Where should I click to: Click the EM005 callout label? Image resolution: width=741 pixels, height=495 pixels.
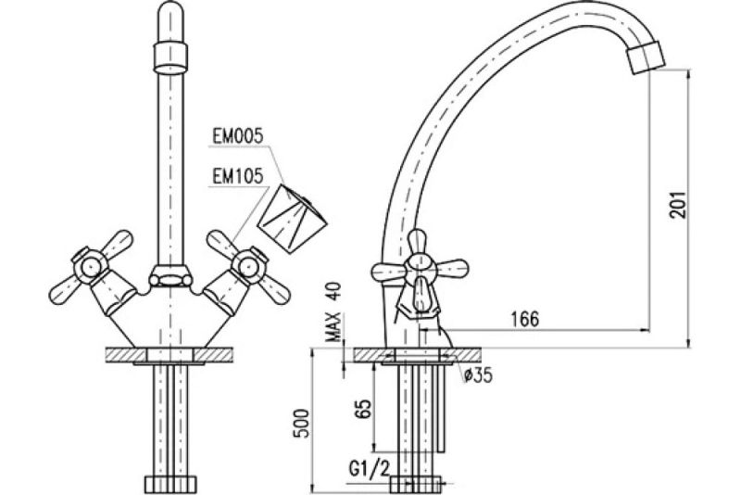pyautogui.click(x=237, y=136)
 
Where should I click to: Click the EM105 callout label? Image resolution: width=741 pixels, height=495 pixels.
pyautogui.click(x=237, y=177)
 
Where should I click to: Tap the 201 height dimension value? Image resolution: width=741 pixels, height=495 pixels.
pyautogui.click(x=678, y=205)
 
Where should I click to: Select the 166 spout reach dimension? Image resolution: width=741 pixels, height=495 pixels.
pyautogui.click(x=525, y=319)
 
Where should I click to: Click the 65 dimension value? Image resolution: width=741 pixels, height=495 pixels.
pyautogui.click(x=363, y=409)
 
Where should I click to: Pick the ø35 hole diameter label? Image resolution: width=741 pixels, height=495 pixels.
pyautogui.click(x=478, y=375)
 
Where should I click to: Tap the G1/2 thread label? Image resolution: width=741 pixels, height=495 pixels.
pyautogui.click(x=370, y=469)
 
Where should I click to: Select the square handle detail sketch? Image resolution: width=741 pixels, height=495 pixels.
pyautogui.click(x=292, y=217)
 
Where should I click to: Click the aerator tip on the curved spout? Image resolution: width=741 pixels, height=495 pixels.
pyautogui.click(x=645, y=56)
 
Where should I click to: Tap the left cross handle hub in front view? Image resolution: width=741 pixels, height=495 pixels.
pyautogui.click(x=89, y=267)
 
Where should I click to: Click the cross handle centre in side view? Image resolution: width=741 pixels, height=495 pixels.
pyautogui.click(x=420, y=271)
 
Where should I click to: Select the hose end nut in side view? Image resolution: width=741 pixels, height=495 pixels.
pyautogui.click(x=416, y=484)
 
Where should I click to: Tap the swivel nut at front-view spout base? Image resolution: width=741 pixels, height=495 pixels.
pyautogui.click(x=170, y=277)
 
